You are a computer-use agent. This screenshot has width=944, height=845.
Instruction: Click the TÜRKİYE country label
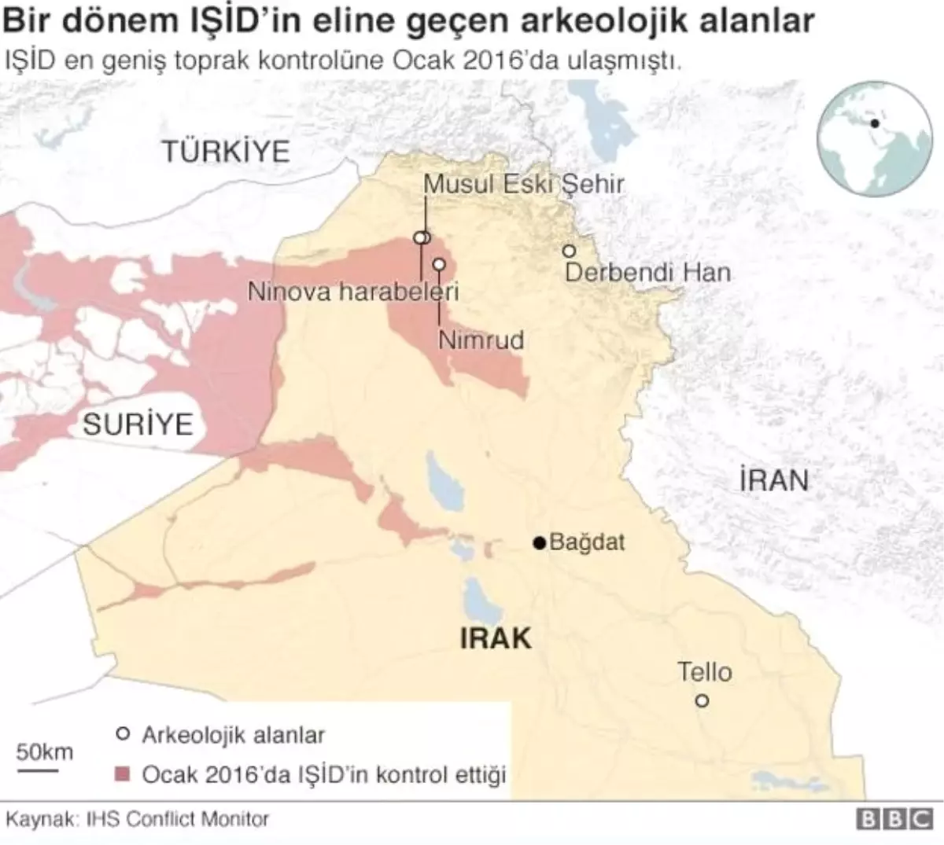point(226,151)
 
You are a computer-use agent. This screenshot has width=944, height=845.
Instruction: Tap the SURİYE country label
point(138,424)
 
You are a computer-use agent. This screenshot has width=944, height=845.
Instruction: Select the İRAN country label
point(774,480)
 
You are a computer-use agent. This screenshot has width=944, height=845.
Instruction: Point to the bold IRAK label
point(496,637)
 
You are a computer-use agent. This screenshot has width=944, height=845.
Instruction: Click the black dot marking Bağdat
point(539,542)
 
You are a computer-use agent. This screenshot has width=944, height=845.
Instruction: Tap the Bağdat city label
point(587,542)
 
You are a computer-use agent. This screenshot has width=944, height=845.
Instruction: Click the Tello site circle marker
point(702,700)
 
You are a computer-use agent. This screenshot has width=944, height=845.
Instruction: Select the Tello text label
point(705,672)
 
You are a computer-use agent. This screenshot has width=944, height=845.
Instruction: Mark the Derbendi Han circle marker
point(568,251)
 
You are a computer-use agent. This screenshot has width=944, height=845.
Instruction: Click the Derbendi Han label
point(647,273)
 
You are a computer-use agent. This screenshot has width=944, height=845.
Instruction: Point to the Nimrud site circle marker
point(439,265)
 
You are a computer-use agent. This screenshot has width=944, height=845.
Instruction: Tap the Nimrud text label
point(481,340)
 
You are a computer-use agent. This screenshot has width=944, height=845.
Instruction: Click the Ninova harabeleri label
point(353,292)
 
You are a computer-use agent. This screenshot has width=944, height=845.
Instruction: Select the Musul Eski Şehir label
point(523,184)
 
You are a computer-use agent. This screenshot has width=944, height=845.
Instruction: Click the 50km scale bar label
point(45,751)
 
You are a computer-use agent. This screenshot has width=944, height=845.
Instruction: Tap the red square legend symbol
point(122,774)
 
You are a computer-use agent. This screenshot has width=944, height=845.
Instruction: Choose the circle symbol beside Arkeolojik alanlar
point(122,734)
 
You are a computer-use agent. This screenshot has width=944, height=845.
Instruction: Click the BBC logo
point(894,819)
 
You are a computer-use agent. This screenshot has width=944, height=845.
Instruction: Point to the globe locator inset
point(874,138)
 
